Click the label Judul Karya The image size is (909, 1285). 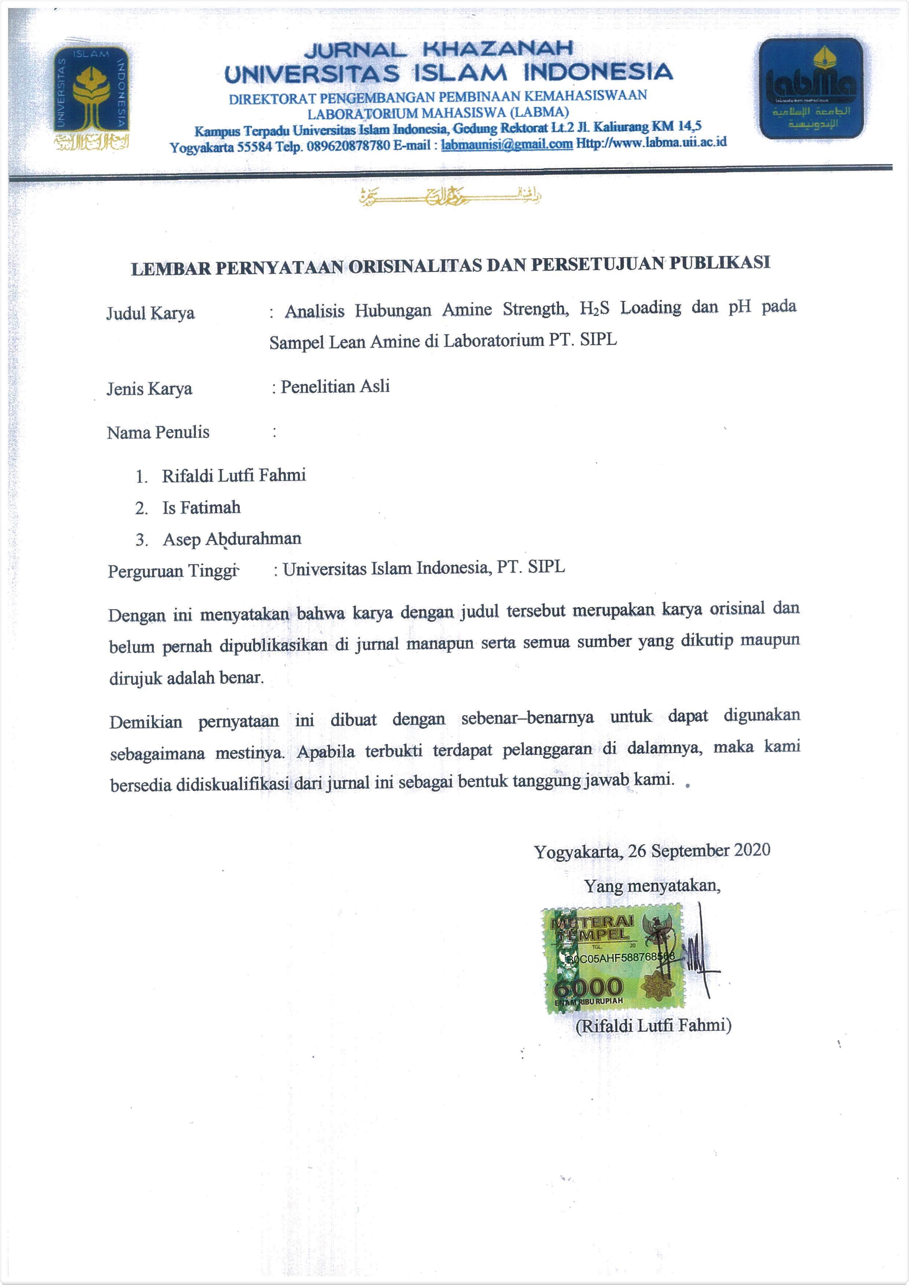151,313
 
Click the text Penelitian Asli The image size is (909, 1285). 335,387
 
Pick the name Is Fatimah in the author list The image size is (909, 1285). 201,508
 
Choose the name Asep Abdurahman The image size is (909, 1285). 232,539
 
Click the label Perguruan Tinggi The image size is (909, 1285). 173,571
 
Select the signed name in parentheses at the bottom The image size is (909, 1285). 653,1025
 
